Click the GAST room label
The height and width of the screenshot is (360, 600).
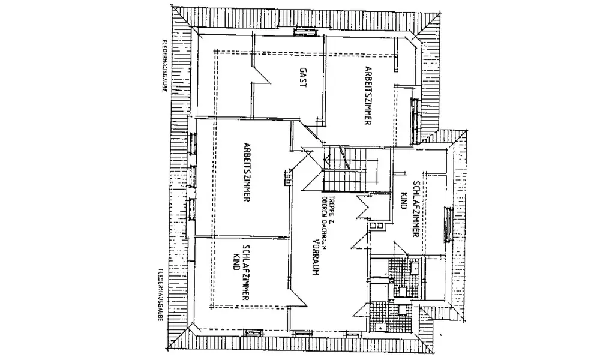[x=302, y=78]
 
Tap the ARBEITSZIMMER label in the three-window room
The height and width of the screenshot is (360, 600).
[x=247, y=174]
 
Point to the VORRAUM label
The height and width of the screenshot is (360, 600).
[x=314, y=257]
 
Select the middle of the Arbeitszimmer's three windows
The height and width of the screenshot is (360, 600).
[x=193, y=175]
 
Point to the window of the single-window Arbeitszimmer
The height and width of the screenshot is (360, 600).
[x=413, y=116]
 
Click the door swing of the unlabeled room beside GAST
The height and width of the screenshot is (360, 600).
[x=262, y=74]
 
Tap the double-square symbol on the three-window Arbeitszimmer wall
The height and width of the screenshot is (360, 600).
[x=289, y=178]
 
